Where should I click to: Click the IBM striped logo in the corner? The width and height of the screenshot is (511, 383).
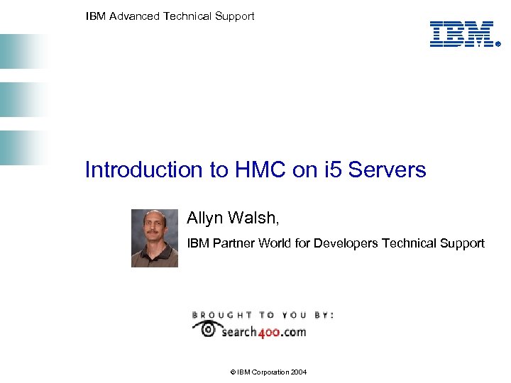click(x=461, y=34)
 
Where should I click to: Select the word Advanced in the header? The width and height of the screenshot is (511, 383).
click(x=135, y=16)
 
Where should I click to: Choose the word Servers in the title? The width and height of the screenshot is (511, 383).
click(x=387, y=170)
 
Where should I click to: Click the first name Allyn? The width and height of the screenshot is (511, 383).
click(x=205, y=217)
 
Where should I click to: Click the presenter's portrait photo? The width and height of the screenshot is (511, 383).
click(x=155, y=238)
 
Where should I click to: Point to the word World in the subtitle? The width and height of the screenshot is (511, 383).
click(x=274, y=243)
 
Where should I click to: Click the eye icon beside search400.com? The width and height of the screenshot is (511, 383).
click(x=207, y=328)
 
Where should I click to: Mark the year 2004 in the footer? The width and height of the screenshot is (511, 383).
click(x=298, y=372)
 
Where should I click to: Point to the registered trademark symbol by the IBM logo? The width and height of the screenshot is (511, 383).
click(x=498, y=43)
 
